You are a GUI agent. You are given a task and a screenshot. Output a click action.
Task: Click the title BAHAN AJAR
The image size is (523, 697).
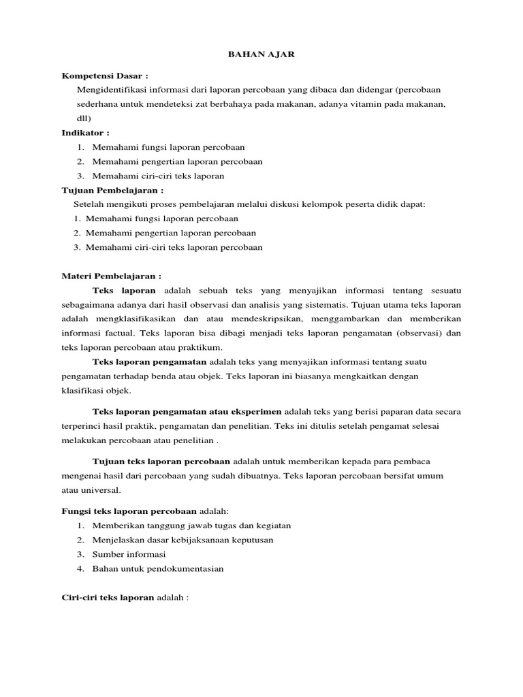click(261, 54)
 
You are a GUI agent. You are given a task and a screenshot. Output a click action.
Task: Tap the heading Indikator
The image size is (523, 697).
click(85, 132)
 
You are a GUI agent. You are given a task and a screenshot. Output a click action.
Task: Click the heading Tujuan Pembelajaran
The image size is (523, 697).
click(112, 190)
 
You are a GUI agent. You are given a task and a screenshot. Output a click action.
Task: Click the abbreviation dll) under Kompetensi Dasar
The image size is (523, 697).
click(83, 118)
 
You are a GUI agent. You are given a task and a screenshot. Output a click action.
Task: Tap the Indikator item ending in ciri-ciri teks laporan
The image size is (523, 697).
click(158, 176)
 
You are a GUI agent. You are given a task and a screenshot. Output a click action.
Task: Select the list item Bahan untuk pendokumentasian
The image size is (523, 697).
click(158, 568)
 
